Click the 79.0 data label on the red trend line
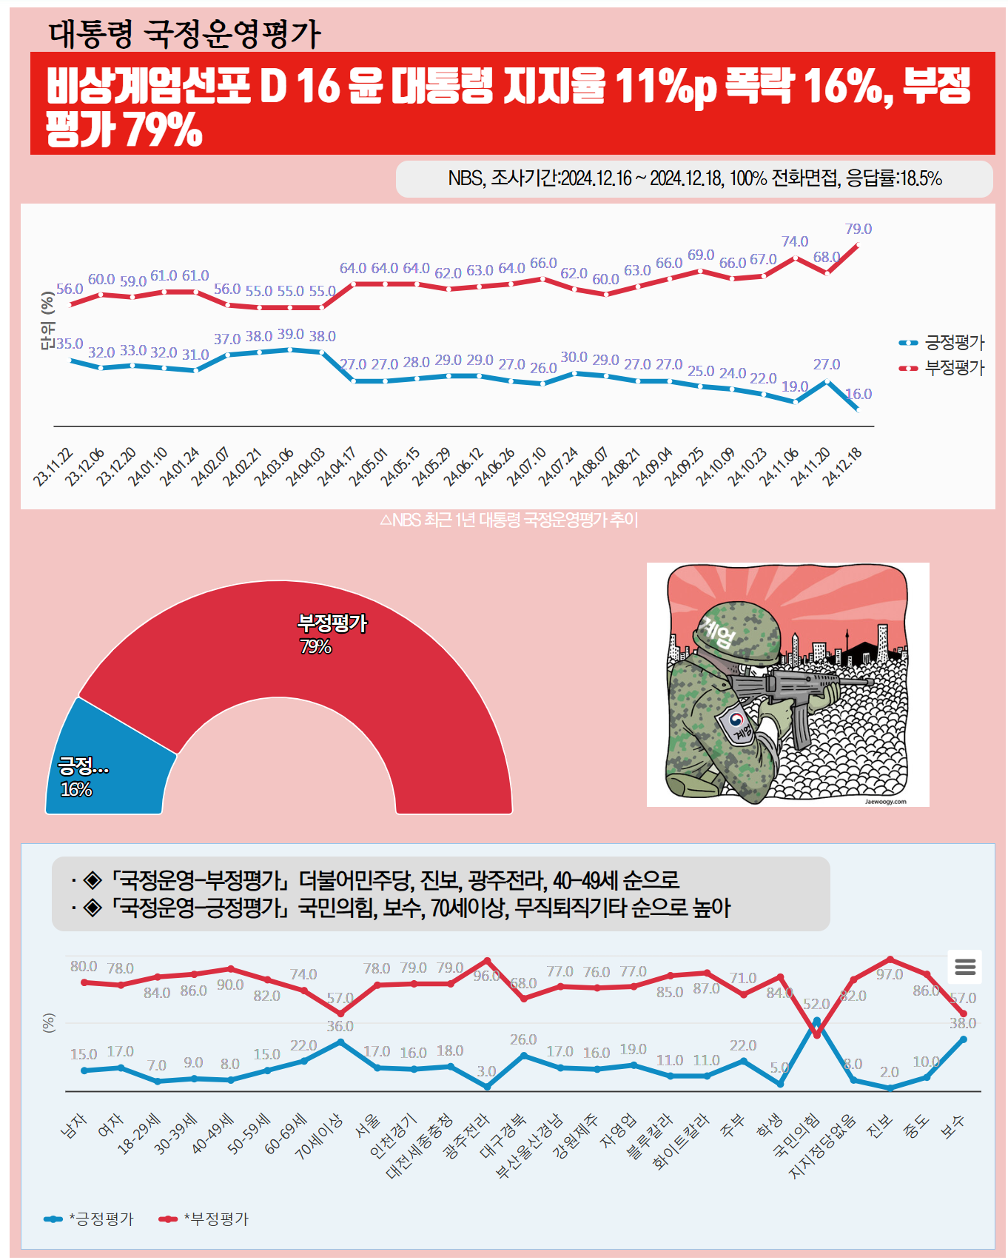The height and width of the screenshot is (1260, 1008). [859, 229]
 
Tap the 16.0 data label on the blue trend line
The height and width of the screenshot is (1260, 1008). [859, 394]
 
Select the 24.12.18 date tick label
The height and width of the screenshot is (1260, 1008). [843, 466]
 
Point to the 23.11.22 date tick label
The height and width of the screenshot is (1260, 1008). [53, 466]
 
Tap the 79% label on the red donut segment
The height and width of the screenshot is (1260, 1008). [315, 646]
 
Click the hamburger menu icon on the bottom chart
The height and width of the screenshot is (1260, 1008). [965, 966]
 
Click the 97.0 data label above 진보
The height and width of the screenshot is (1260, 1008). [890, 974]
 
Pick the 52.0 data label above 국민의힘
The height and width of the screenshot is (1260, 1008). [816, 1004]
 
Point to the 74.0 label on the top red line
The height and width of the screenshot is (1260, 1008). [795, 241]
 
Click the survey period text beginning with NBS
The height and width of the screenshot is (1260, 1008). [694, 178]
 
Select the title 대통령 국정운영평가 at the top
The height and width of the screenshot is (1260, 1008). [184, 33]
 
